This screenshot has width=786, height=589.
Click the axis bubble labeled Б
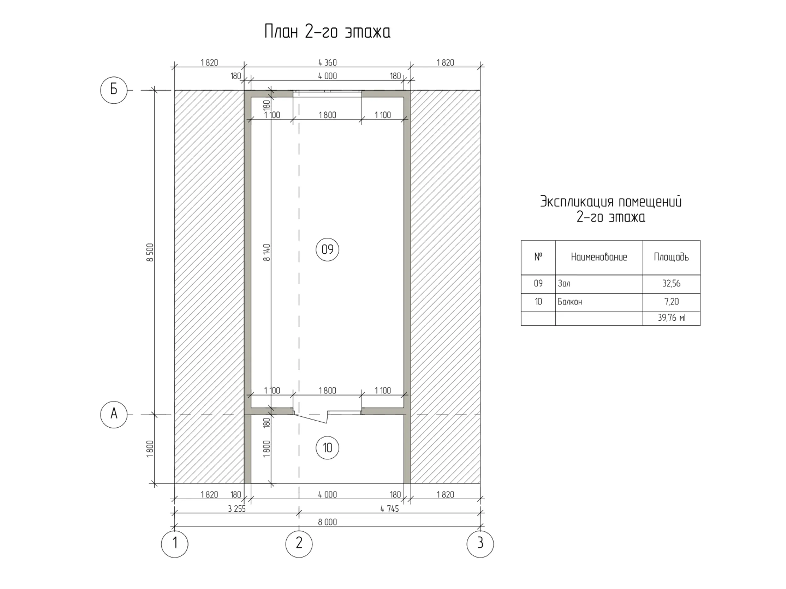tap(114, 90)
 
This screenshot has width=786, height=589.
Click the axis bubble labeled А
tap(114, 414)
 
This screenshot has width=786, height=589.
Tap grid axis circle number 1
tap(174, 544)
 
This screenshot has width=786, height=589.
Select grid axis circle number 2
tap(299, 544)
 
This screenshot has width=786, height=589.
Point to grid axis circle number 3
tap(480, 544)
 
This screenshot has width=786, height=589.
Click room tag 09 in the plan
tap(327, 250)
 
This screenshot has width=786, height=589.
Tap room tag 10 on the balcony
tap(327, 448)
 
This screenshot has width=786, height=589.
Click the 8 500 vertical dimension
tap(150, 252)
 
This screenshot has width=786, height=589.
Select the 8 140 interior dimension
tap(267, 252)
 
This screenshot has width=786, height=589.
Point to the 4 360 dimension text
tap(327, 63)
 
